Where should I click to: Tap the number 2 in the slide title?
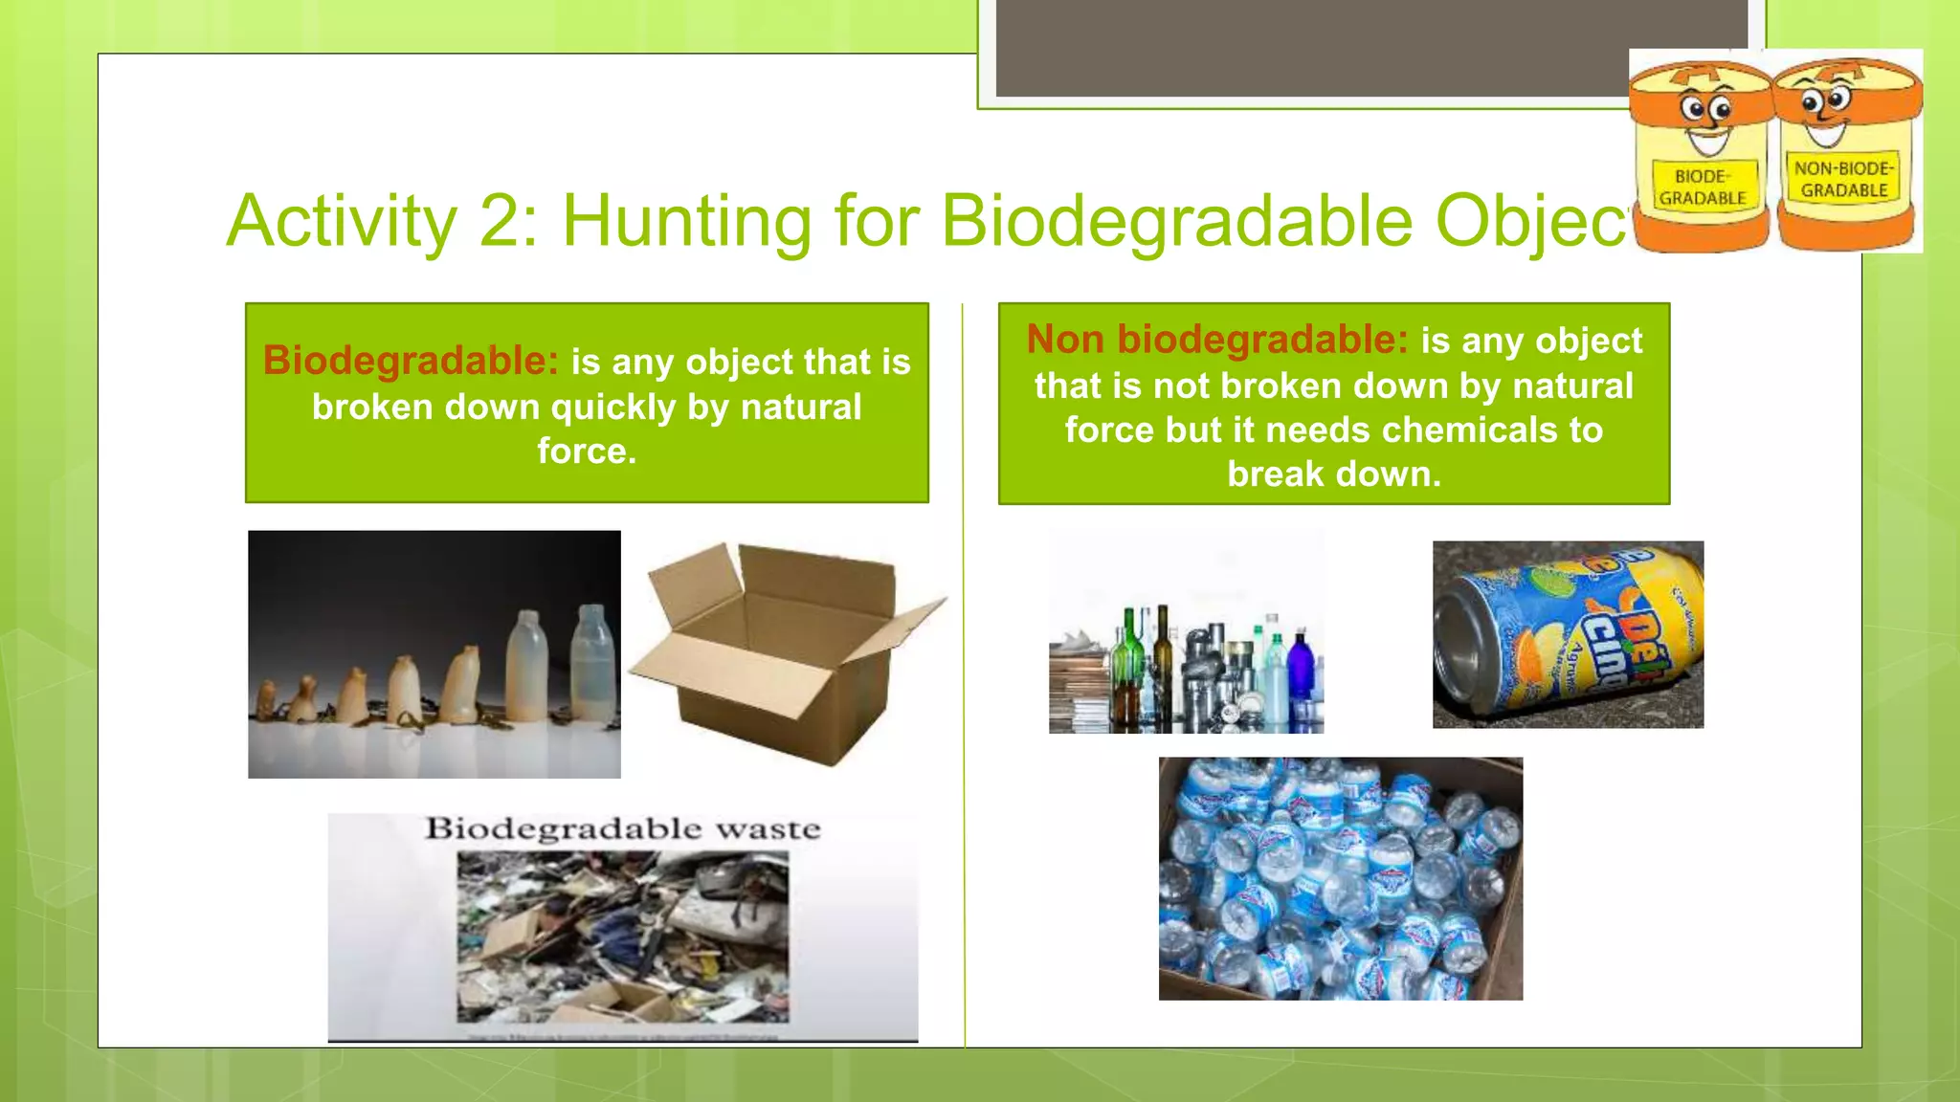pos(498,222)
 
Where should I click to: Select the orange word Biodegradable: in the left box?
pos(411,362)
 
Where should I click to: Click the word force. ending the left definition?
pos(587,451)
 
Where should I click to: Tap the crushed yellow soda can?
pos(1568,634)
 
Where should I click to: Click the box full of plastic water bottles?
pos(1340,878)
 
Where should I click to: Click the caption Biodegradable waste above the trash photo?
pos(623,828)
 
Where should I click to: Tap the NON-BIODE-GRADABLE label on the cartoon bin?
pos(1843,179)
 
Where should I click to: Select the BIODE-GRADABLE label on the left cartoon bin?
pos(1703,187)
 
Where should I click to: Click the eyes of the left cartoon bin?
pos(1705,110)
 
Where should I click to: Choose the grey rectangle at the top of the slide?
pos(1370,48)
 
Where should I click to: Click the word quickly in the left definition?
pos(613,408)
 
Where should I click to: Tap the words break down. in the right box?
pos(1334,474)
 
